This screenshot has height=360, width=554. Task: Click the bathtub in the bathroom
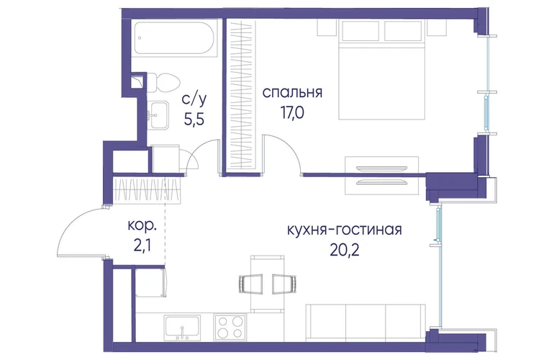[x=176, y=38]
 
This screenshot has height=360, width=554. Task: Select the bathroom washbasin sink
[x=158, y=115]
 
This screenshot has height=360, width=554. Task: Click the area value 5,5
[x=194, y=120]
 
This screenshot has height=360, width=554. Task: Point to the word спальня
[x=293, y=93]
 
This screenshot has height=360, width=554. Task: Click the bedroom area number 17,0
[x=292, y=114]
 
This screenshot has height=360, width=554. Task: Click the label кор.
[x=141, y=225]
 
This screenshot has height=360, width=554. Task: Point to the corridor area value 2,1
[x=142, y=246]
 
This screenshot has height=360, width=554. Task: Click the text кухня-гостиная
[x=344, y=230]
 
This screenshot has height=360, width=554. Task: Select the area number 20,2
[x=345, y=251]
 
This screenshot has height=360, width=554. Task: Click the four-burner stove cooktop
[x=230, y=327]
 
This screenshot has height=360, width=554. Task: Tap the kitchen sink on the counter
[x=182, y=328]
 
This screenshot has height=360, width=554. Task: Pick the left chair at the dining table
[x=250, y=284]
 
